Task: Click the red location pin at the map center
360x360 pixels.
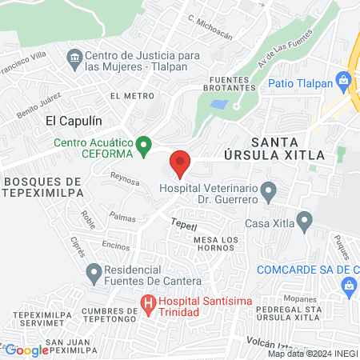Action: click(180, 163)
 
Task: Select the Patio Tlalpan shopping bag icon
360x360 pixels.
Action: click(344, 80)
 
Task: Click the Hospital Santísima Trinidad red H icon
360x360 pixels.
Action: click(147, 304)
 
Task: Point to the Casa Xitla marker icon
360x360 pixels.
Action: click(304, 219)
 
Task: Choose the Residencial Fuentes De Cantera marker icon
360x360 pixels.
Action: click(94, 273)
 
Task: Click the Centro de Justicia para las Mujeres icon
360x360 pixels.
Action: click(74, 57)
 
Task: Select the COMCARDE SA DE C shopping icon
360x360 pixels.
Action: click(349, 286)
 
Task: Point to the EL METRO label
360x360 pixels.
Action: click(132, 96)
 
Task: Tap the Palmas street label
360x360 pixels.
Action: click(122, 217)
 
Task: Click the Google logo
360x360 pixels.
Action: click(26, 350)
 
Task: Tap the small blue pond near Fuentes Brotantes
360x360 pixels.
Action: click(217, 104)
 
